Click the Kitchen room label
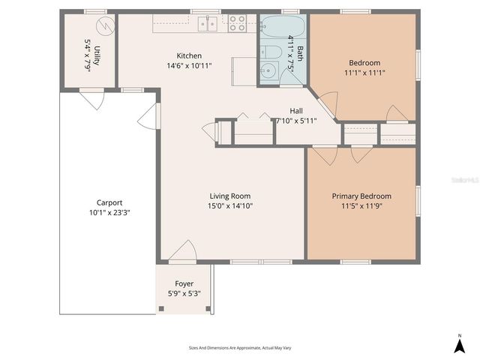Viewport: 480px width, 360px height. point(188,55)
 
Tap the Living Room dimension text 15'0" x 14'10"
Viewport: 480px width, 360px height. point(229,205)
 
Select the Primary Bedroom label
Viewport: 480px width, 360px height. point(361,196)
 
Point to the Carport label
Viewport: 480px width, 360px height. point(109,202)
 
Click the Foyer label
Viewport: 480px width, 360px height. point(184,283)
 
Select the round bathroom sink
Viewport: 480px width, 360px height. point(268,72)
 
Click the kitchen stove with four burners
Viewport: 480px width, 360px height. point(237,23)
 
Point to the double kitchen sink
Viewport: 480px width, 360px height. point(208,24)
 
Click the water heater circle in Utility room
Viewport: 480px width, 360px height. point(107,27)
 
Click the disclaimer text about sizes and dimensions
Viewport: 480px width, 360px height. point(239,348)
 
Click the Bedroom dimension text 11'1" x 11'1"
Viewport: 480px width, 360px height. point(364,73)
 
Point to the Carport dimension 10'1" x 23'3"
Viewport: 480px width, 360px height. point(109,212)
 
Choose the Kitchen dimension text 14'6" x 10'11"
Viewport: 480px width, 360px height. point(188,65)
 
